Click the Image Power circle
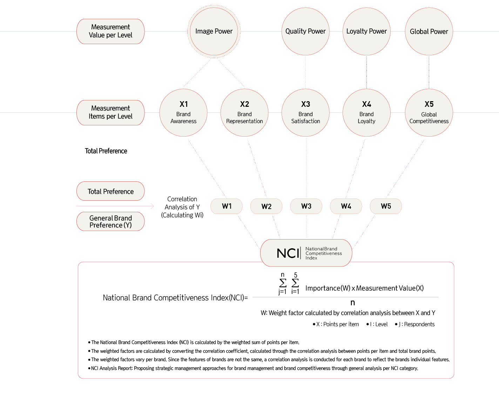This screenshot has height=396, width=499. click(x=214, y=32)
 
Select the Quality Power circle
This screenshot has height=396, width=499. click(x=305, y=32)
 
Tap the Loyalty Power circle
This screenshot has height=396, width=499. click(x=366, y=32)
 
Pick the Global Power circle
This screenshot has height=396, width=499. click(x=429, y=32)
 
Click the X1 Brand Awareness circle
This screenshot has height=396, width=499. click(x=183, y=112)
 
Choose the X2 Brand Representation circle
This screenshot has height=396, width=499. click(x=244, y=112)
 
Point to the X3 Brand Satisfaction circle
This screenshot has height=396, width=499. click(x=305, y=112)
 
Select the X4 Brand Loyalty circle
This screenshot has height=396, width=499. click(x=366, y=112)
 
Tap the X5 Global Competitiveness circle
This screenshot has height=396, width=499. click(x=429, y=112)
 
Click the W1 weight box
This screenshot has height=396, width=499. click(x=227, y=206)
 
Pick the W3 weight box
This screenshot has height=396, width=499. click(x=306, y=206)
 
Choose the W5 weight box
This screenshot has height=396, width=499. click(x=386, y=206)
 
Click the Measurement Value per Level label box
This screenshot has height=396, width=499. click(x=110, y=31)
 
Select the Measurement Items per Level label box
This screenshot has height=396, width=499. click(x=110, y=112)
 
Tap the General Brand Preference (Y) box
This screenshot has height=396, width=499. click(x=110, y=222)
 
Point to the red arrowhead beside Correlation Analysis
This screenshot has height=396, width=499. click(x=152, y=206)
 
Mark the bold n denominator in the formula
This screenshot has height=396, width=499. click(x=352, y=303)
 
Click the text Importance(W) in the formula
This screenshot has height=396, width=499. click(x=328, y=288)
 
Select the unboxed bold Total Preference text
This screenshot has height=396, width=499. click(x=106, y=151)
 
